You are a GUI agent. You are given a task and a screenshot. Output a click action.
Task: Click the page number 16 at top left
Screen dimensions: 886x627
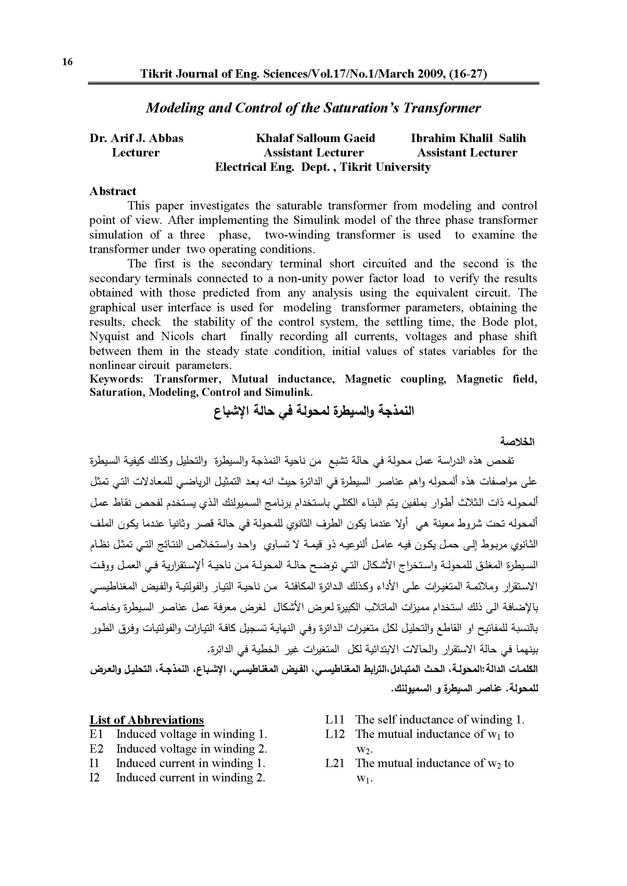pyautogui.click(x=67, y=62)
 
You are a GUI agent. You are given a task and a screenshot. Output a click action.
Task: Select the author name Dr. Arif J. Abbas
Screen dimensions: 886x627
pyautogui.click(x=136, y=138)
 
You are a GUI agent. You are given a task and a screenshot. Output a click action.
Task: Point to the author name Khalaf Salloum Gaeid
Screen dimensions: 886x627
pyautogui.click(x=315, y=138)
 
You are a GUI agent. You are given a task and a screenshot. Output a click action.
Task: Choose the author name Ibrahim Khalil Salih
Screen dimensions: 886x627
pyautogui.click(x=468, y=138)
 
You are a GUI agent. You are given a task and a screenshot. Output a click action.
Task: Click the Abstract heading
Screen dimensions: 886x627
pyautogui.click(x=113, y=191)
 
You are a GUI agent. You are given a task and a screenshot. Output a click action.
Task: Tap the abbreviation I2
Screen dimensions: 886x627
pyautogui.click(x=95, y=777)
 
